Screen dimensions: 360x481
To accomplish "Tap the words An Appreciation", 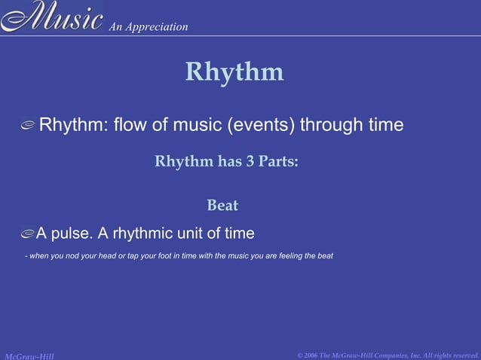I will coord(149,27).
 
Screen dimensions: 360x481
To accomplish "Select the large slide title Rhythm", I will coord(234,72).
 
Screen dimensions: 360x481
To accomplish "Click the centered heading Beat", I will coord(222,205).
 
